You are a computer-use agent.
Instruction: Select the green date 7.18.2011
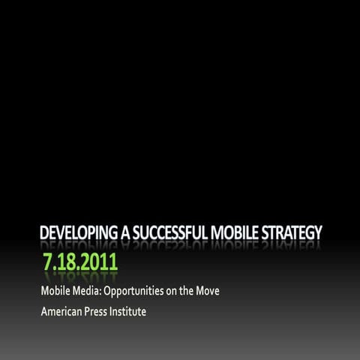coord(80,265)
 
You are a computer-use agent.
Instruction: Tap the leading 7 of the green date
coord(48,265)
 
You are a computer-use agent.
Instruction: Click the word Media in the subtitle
coord(87,289)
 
